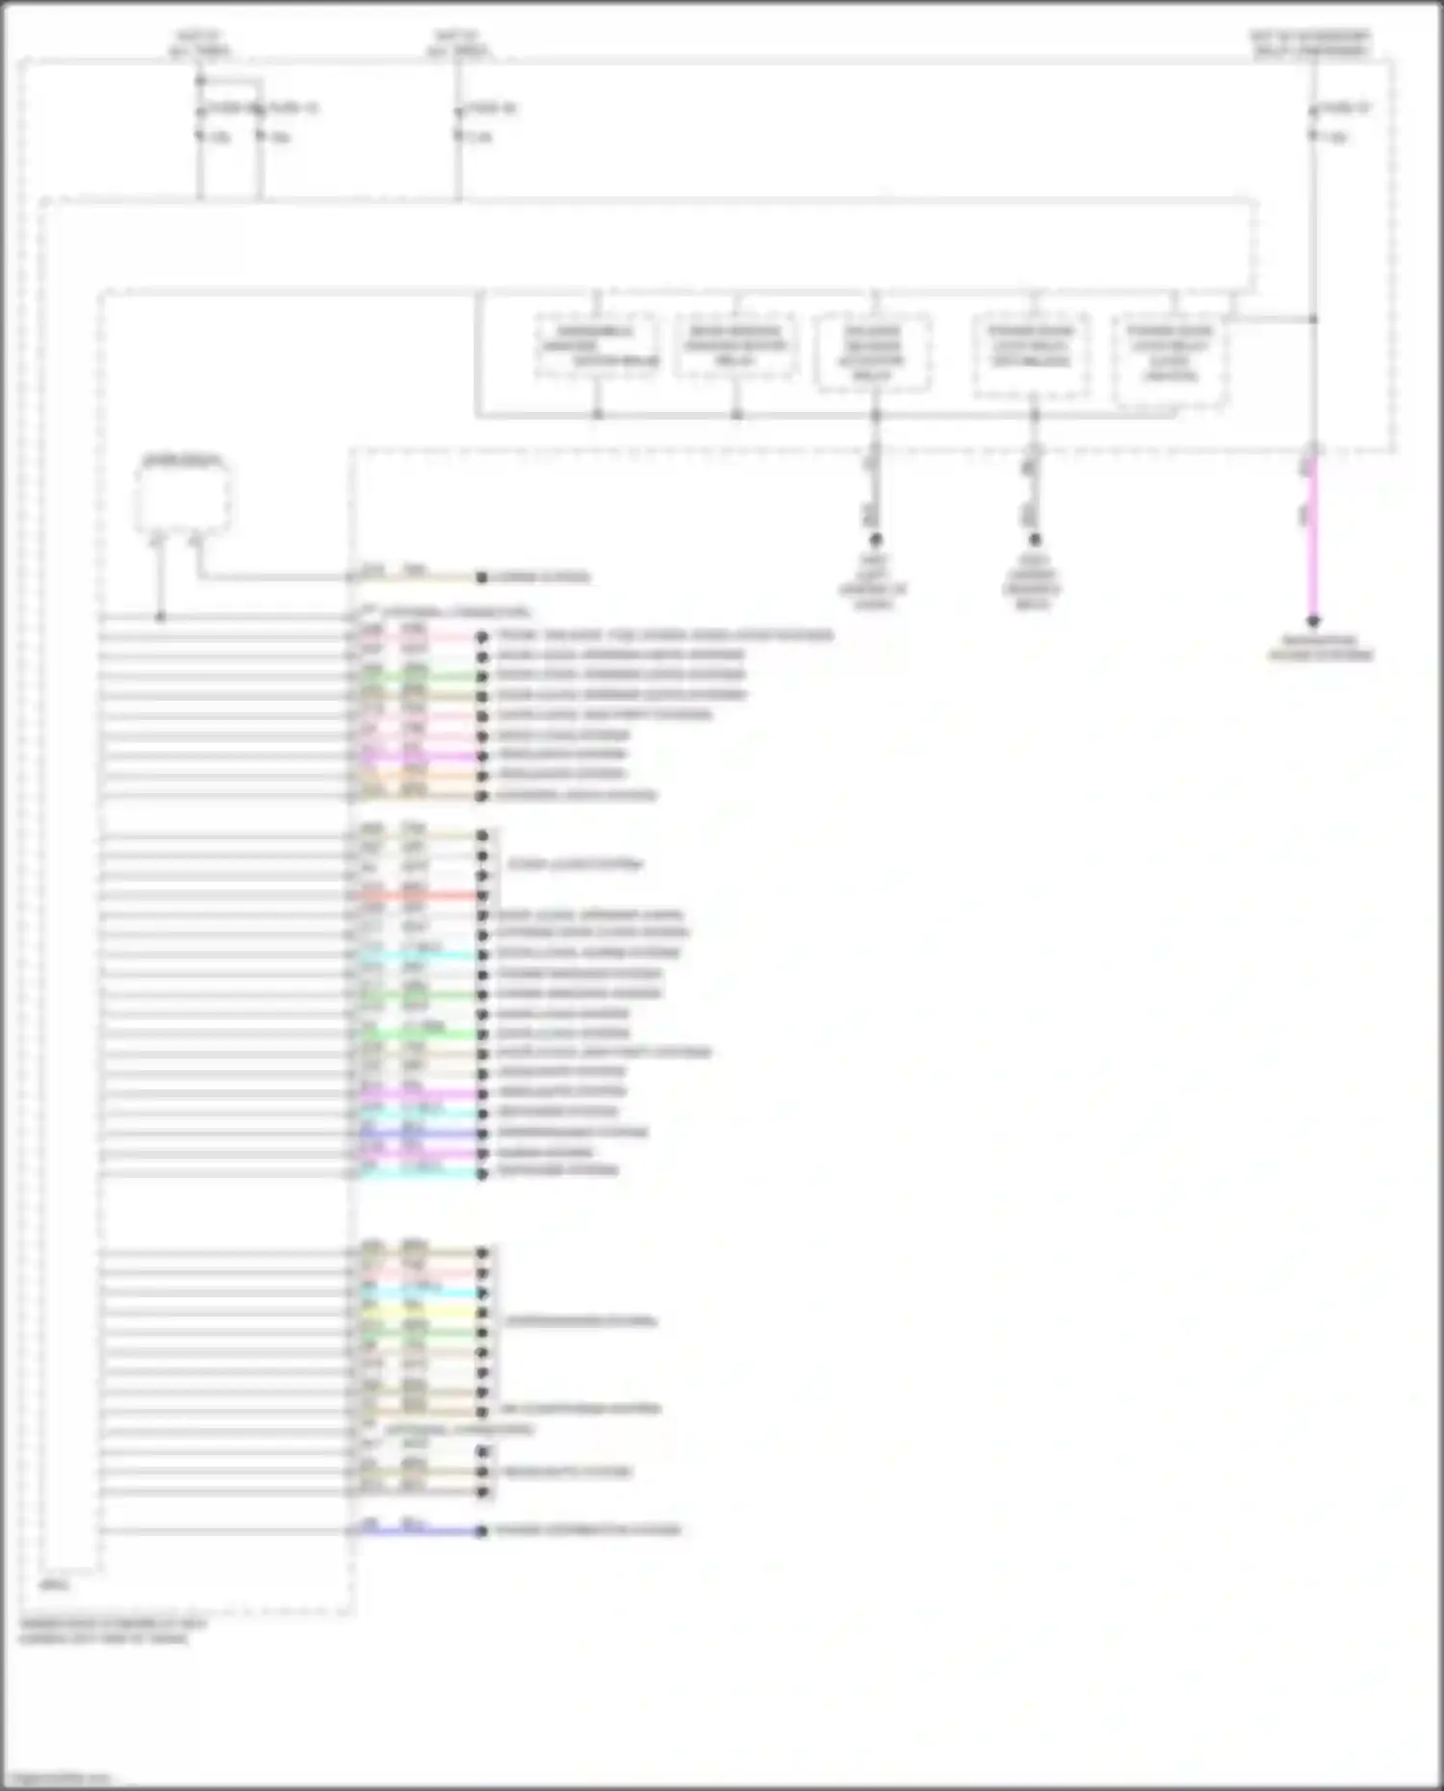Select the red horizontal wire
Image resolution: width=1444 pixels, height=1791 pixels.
point(419,895)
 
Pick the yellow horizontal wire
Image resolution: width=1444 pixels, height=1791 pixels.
point(419,1313)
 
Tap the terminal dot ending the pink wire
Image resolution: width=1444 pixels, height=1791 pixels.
point(1312,622)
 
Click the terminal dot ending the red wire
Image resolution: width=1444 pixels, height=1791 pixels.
point(482,895)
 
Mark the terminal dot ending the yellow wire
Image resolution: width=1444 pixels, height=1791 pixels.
point(482,1313)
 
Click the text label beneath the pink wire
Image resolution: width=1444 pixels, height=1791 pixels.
point(1320,648)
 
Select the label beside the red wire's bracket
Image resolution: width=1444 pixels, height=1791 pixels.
point(575,864)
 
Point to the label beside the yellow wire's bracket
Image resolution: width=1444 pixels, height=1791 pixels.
point(580,1320)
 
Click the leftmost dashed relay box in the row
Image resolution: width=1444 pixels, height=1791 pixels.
point(597,345)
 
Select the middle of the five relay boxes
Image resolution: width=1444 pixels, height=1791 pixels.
point(873,352)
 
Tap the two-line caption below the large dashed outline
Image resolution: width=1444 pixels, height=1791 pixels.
point(113,1630)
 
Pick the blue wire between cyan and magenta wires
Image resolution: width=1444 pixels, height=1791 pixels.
point(419,1133)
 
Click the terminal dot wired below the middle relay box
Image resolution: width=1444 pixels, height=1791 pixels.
point(874,539)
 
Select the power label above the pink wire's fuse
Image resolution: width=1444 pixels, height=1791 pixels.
point(1310,43)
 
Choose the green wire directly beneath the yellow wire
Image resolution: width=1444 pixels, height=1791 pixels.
point(419,1333)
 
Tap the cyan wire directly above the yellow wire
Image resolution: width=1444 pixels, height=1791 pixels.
point(419,1292)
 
